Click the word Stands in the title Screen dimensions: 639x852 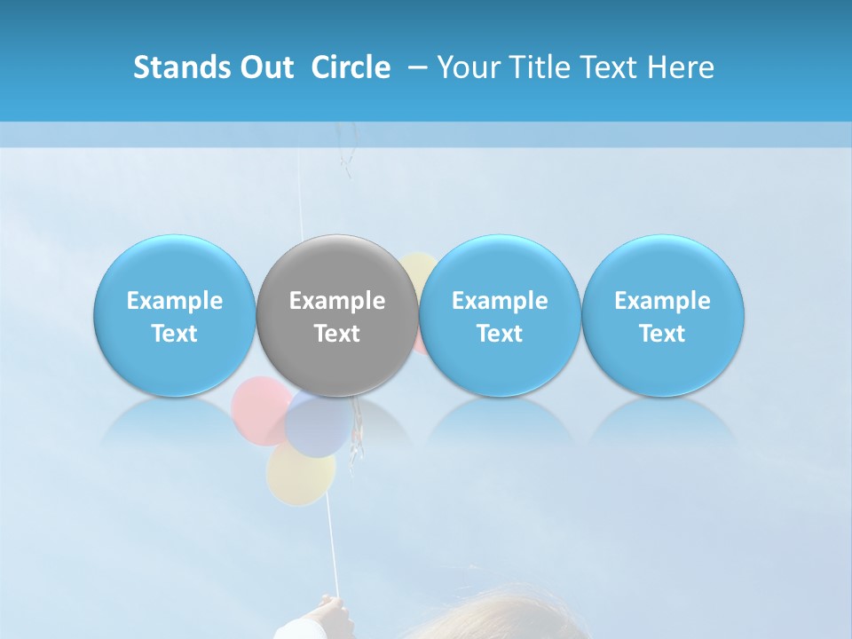pyautogui.click(x=177, y=67)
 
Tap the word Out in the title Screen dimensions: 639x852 pyautogui.click(x=263, y=67)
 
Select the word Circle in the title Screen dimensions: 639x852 pyautogui.click(x=351, y=67)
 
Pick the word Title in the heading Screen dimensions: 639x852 pyautogui.click(x=534, y=67)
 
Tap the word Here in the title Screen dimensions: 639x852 pyautogui.click(x=682, y=67)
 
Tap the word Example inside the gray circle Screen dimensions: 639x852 pyautogui.click(x=337, y=301)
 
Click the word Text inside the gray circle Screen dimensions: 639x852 pyautogui.click(x=337, y=334)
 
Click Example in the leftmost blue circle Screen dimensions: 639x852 pyautogui.click(x=175, y=301)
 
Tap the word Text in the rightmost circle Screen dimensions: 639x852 pyautogui.click(x=662, y=334)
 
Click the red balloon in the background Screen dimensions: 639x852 pyautogui.click(x=257, y=408)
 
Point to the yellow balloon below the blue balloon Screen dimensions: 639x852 pyautogui.click(x=300, y=474)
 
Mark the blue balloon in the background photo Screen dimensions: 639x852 pyautogui.click(x=316, y=424)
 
